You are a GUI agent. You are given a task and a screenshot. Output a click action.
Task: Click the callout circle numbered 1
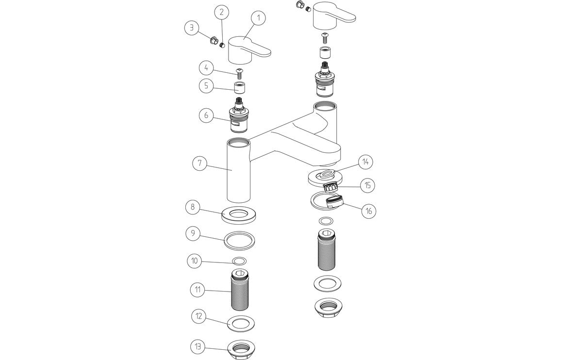259,18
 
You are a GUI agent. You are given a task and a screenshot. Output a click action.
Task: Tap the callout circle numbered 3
192,28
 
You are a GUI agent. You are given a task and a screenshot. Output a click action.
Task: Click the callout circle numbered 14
366,162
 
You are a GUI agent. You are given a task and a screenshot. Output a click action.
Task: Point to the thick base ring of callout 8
239,214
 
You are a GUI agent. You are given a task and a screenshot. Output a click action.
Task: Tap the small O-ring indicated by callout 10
239,261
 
